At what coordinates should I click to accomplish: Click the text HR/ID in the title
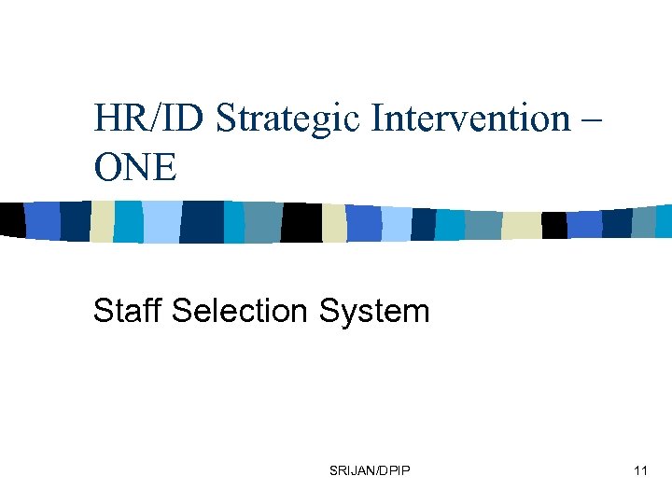click(150, 119)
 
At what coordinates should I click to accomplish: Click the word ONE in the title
click(134, 168)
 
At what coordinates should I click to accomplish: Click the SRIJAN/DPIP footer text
click(370, 470)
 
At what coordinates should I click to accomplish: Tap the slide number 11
click(639, 470)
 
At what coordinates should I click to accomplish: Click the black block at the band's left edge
click(11, 220)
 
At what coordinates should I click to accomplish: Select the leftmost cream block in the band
click(102, 222)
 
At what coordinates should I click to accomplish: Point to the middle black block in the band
click(302, 222)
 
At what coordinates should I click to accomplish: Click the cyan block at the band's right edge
click(664, 221)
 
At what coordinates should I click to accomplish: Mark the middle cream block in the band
click(334, 223)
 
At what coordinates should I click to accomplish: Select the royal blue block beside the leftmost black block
click(42, 220)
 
